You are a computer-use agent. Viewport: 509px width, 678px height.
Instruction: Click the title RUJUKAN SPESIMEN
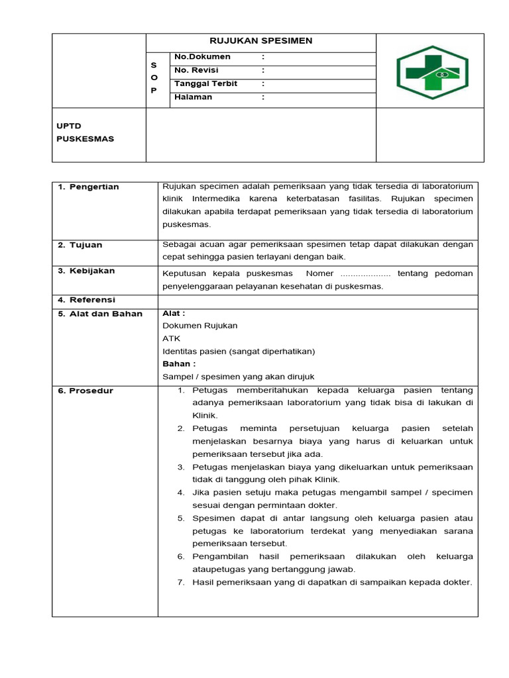pos(260,41)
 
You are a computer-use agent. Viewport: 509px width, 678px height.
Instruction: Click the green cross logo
pos(432,72)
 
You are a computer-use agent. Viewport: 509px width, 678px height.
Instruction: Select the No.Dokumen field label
pos(202,57)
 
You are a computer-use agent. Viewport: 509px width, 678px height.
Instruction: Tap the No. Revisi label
pos(196,70)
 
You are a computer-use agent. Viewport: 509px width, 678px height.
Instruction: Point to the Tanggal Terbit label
pos(205,83)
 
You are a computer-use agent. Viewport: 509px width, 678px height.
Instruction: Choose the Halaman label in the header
pos(193,97)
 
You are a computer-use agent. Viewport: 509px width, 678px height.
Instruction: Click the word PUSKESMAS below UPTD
pos(85,139)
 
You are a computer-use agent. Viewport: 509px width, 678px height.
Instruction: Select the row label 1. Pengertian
pos(88,187)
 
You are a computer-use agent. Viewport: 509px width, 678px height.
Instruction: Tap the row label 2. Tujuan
pos(80,245)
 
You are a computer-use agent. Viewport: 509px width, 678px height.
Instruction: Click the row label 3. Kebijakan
pos(86,271)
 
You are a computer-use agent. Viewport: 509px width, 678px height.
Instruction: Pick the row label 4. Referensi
pos(86,301)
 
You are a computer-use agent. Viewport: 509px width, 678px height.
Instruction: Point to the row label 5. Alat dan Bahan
pos(99,314)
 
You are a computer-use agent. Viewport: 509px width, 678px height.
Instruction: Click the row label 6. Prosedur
pos(85,391)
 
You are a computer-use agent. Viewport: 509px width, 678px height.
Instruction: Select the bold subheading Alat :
pos(174,313)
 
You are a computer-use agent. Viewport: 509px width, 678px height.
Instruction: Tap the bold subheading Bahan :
pos(179,363)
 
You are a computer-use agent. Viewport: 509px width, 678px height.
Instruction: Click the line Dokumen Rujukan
pos(199,326)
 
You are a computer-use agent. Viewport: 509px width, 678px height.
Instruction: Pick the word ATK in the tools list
pos(171,338)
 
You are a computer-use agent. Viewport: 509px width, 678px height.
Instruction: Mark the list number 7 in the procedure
pos(180,582)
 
